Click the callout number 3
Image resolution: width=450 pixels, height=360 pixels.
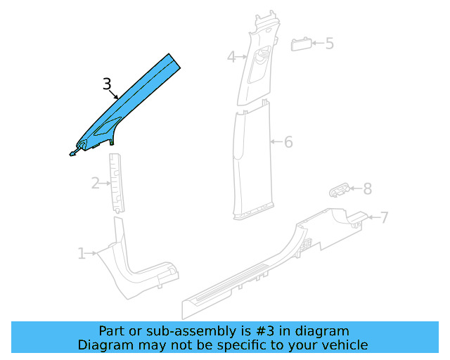(107, 85)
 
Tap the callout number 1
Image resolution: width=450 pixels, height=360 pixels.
(82, 253)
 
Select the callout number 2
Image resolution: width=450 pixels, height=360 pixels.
(96, 184)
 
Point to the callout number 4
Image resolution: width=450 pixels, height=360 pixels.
(231, 57)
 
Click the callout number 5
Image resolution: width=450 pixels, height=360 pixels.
(329, 44)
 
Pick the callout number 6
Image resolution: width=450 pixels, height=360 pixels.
(288, 142)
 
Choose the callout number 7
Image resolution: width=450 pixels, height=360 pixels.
(384, 217)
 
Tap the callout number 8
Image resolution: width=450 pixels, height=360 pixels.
(367, 188)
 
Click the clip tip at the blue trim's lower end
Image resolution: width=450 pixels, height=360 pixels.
(72, 152)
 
